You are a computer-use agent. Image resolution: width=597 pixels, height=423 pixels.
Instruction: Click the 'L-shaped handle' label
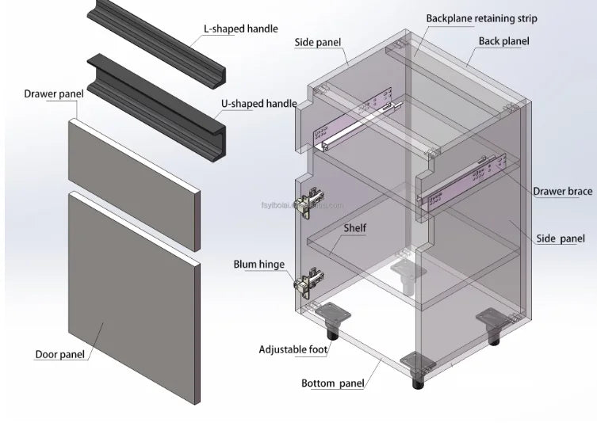point(240,29)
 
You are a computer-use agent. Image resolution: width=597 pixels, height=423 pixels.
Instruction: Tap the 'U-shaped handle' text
point(258,104)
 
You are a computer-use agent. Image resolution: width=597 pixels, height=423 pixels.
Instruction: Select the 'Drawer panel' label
point(54,94)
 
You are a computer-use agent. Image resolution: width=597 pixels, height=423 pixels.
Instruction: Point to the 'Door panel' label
point(60,354)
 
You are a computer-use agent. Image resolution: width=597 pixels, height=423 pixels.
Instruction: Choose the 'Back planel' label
point(503,41)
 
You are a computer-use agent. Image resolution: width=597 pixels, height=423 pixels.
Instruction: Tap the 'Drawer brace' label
point(562,192)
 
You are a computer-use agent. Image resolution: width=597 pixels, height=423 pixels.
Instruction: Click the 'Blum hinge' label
point(258,265)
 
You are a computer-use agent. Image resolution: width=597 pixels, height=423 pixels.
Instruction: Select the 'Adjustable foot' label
point(294,349)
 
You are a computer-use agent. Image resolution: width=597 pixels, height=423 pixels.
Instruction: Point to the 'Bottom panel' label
point(333,384)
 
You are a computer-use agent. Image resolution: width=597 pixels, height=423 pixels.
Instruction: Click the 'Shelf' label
point(354,228)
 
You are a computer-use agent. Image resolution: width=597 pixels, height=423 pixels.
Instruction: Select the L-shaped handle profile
point(159,40)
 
